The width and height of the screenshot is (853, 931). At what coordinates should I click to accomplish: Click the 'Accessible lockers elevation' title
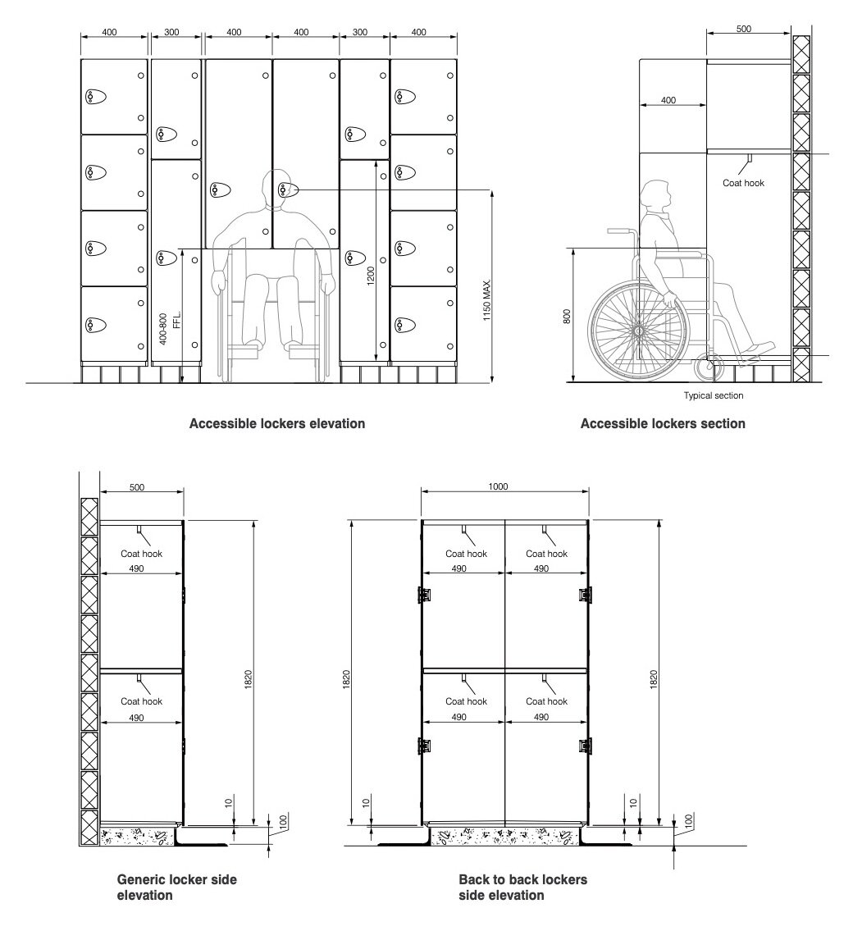tap(276, 423)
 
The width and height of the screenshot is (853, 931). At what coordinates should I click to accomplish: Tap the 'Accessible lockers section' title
tap(663, 423)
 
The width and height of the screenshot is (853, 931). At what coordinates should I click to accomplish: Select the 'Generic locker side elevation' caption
tap(176, 887)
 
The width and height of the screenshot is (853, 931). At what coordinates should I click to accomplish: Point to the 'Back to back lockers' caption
tap(523, 879)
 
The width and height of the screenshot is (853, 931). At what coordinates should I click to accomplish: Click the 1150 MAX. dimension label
tap(486, 300)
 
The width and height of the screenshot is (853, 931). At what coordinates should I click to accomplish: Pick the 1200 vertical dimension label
tap(371, 276)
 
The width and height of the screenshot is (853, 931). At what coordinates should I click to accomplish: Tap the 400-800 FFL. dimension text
tap(170, 328)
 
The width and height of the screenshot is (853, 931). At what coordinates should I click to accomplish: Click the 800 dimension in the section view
tap(566, 316)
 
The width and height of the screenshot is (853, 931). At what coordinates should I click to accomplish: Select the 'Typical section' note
tap(713, 395)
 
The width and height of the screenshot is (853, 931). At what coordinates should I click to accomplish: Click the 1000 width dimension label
tap(498, 486)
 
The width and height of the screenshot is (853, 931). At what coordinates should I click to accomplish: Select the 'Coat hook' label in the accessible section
tap(743, 183)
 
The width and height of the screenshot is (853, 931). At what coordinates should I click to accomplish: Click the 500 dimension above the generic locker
tap(136, 487)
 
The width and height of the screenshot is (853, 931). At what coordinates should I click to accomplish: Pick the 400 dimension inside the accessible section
tap(668, 100)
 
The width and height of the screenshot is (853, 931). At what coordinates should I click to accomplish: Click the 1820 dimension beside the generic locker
tap(249, 679)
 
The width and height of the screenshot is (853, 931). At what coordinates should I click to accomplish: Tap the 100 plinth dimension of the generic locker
tap(283, 822)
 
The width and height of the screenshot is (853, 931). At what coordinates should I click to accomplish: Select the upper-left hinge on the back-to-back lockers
tap(424, 594)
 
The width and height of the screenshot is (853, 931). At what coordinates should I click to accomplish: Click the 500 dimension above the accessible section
tap(743, 29)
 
